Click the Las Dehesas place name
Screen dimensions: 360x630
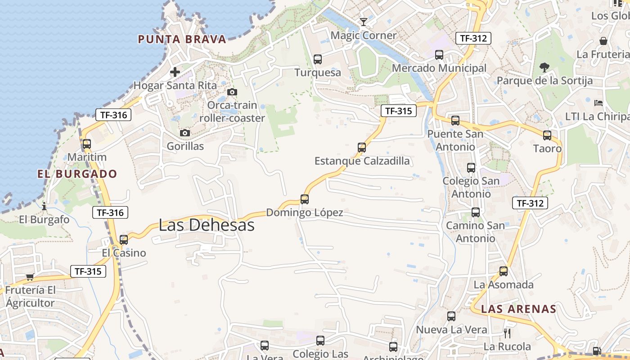coord(207,225)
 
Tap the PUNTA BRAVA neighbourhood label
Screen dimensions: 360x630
coord(182,39)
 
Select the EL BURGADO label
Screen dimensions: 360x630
coord(77,174)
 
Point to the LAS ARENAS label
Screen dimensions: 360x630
coord(518,309)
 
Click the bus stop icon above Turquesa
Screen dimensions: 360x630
coord(318,59)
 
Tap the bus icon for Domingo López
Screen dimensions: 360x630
coord(305,199)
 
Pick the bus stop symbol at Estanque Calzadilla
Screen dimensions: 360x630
coord(362,147)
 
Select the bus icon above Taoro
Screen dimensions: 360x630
coord(547,135)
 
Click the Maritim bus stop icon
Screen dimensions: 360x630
coord(87,144)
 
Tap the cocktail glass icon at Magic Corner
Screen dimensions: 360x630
coord(364,22)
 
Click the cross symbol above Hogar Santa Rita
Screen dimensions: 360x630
coord(175,72)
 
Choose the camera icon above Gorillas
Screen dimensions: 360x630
coord(185,133)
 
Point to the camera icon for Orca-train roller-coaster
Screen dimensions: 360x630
coord(232,92)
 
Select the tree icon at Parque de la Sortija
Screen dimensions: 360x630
coord(544,67)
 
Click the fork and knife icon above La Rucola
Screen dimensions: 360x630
coord(507,333)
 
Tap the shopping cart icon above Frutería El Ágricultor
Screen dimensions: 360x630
coord(30,277)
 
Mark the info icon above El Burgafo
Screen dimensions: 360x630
coord(44,207)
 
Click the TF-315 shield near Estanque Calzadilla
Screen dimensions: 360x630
coord(398,111)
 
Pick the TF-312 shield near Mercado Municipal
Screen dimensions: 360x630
coord(472,38)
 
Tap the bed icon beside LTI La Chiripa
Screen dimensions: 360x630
coord(598,103)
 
